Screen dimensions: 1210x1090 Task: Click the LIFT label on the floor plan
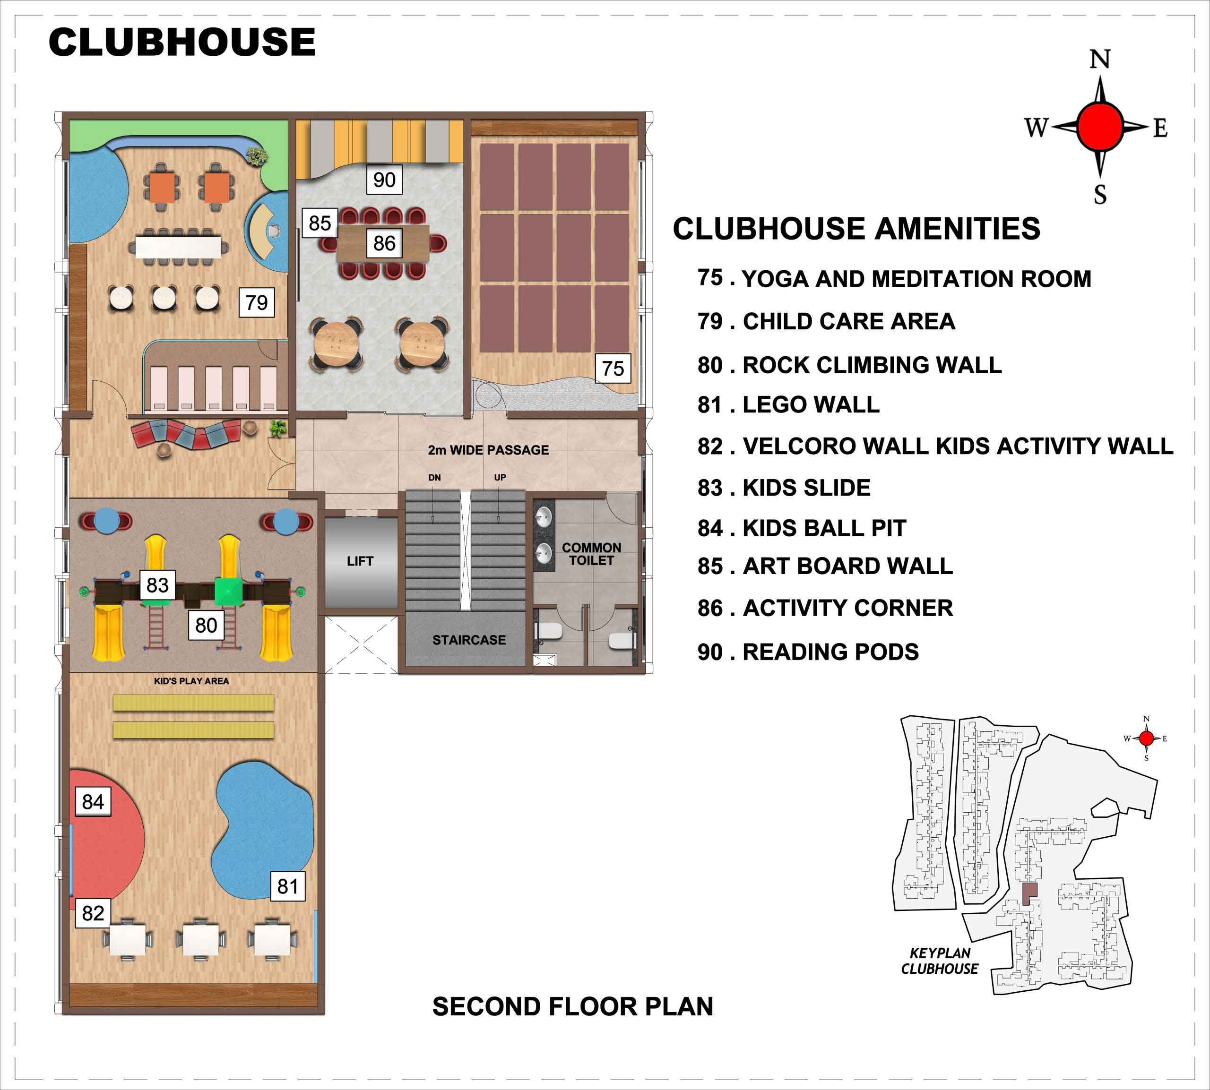[x=360, y=561]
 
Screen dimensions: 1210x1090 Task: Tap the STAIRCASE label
[x=469, y=640]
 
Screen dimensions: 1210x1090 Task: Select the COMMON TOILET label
[x=591, y=554]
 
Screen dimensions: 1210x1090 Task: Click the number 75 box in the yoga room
[x=613, y=369]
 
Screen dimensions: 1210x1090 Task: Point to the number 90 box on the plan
[x=384, y=180]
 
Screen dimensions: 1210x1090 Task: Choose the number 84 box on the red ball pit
[x=93, y=801]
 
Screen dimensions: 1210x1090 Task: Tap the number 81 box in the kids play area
[x=287, y=886]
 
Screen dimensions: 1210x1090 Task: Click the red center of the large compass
[x=1100, y=126]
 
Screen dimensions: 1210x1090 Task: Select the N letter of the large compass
[x=1100, y=59]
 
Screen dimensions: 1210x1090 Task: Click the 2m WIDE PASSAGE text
[x=488, y=450]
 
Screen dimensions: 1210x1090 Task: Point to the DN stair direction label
[x=434, y=477]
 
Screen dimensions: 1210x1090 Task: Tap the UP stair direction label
[x=500, y=477]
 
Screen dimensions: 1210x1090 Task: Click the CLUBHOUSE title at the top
[x=182, y=42]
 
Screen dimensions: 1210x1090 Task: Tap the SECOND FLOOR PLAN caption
[x=573, y=1007]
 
